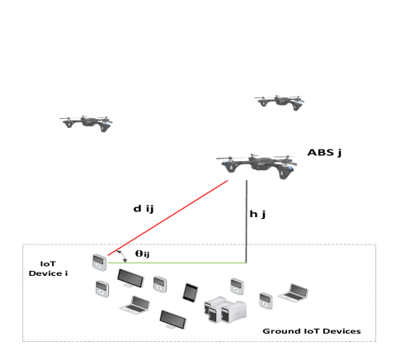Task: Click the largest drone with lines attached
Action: pos(256,163)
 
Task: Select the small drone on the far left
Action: pos(85,122)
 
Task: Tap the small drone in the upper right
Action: pos(279,102)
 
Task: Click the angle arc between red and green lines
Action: pos(125,258)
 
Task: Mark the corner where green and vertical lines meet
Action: pos(247,263)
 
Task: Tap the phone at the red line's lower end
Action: pos(100,262)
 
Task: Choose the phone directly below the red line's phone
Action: pos(101,289)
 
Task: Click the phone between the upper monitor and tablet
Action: pos(159,285)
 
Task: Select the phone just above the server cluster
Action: pos(235,287)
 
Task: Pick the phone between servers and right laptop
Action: pos(265,301)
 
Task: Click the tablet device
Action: pos(191,292)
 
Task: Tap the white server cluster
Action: pos(225,310)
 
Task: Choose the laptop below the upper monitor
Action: pos(134,306)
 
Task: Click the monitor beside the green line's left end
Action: pos(130,278)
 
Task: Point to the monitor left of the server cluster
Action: pos(172,320)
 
